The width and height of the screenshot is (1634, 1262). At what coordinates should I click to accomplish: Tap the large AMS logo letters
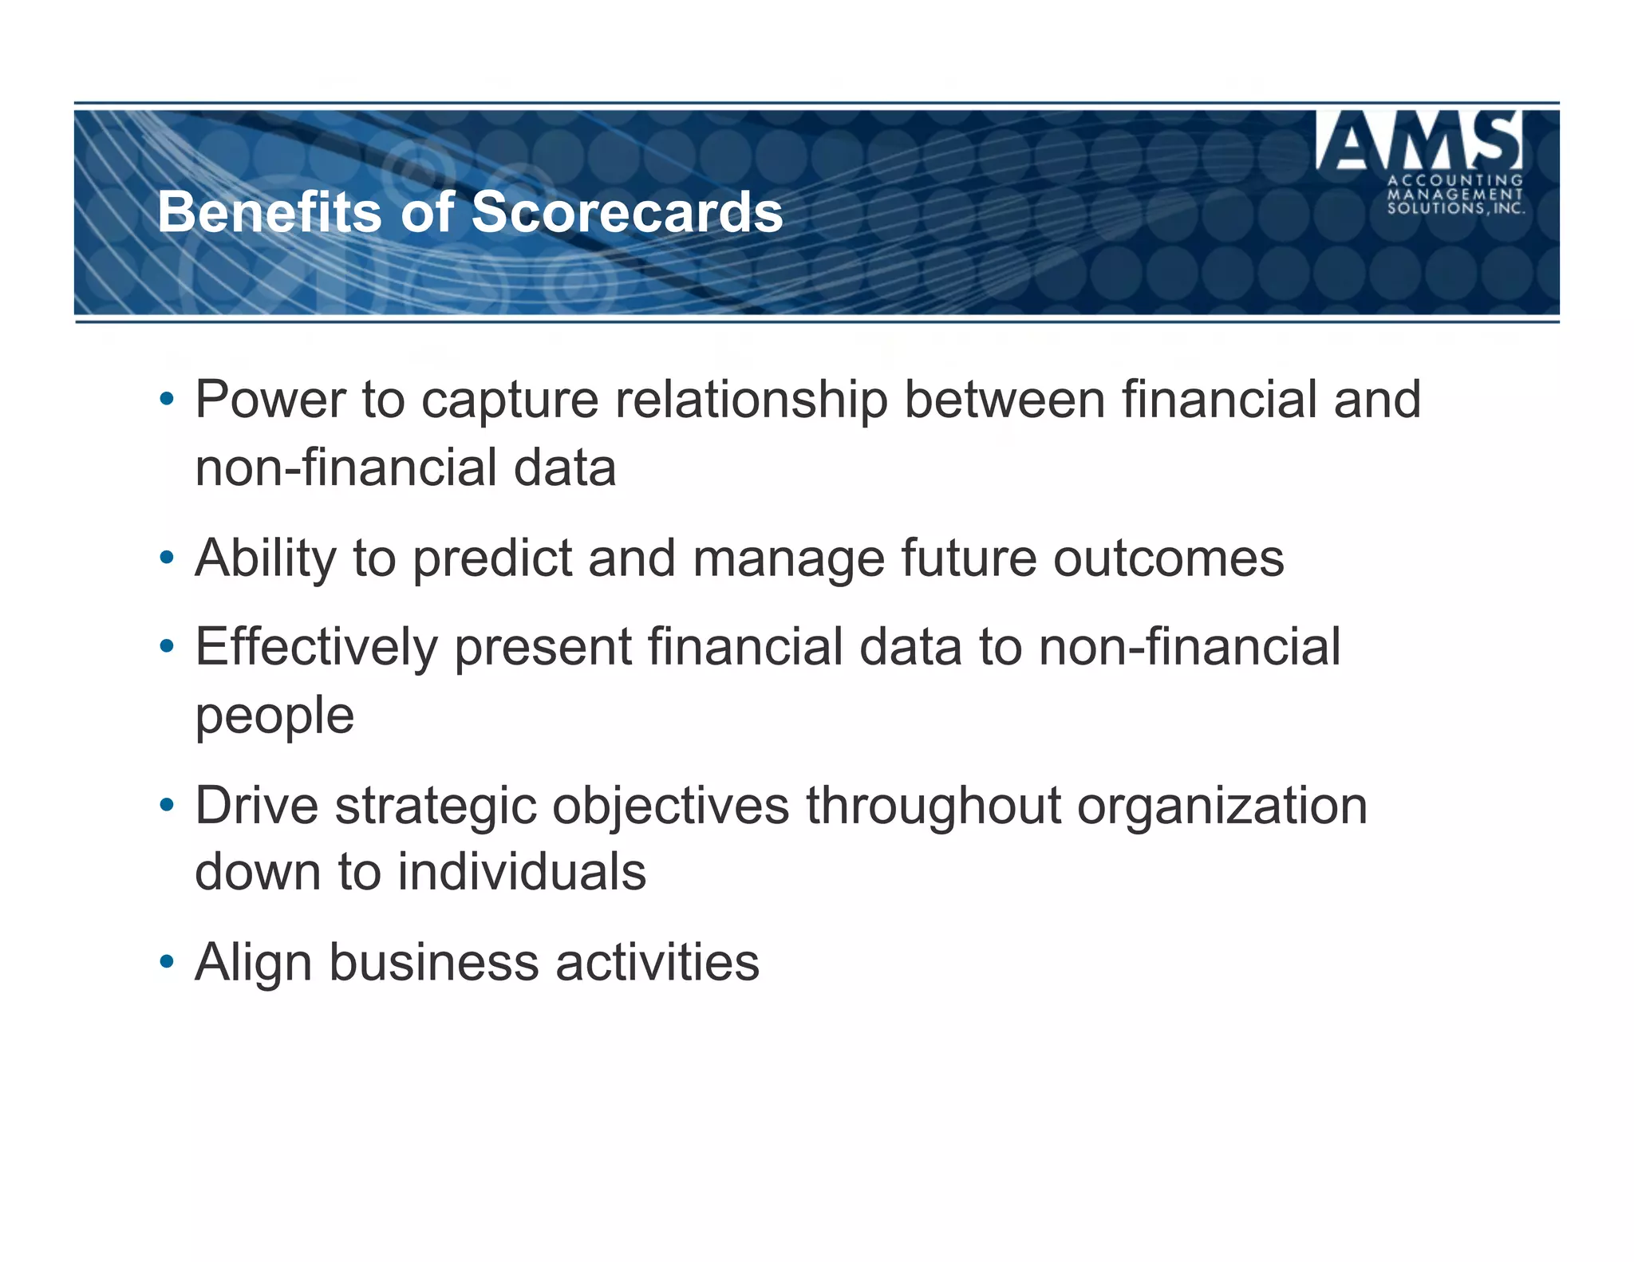click(x=1419, y=141)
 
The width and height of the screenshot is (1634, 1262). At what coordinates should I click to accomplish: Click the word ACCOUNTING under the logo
click(x=1455, y=180)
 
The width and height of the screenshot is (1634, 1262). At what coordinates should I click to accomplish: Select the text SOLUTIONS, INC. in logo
click(x=1455, y=208)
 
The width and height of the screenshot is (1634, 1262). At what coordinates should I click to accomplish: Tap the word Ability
click(x=266, y=558)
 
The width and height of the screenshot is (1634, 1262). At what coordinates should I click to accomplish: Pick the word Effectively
click(x=317, y=647)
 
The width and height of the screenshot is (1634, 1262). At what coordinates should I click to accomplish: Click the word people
click(x=274, y=716)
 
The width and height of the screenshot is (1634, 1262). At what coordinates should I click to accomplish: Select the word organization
click(x=1222, y=806)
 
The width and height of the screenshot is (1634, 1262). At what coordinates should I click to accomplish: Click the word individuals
click(x=522, y=872)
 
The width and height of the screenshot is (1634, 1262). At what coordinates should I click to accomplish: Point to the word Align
click(x=253, y=962)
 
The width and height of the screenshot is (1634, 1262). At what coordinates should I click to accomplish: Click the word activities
click(x=657, y=962)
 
